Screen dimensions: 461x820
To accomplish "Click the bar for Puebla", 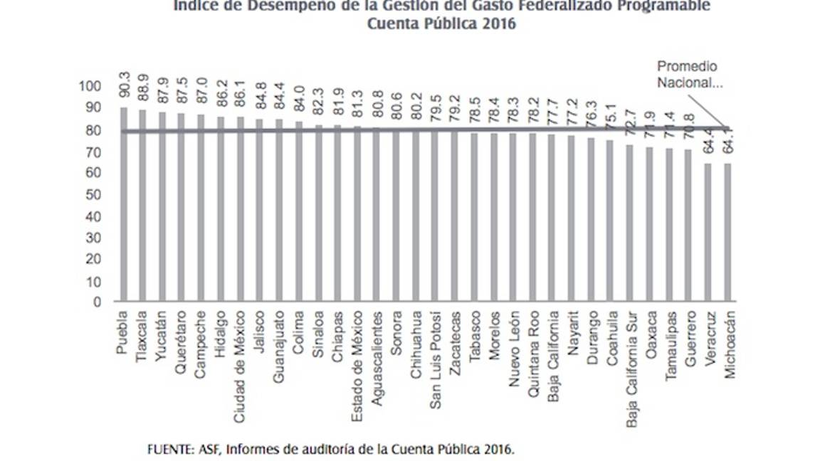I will pos(124,206).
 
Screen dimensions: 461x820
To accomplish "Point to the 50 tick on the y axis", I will pos(93,195).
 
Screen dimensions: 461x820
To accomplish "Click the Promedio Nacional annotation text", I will pos(687,74).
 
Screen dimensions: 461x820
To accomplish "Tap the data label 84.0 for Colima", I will pos(299,102).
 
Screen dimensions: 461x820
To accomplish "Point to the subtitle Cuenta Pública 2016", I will pos(441,23).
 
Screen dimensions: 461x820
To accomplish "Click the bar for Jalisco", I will pos(260,210).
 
